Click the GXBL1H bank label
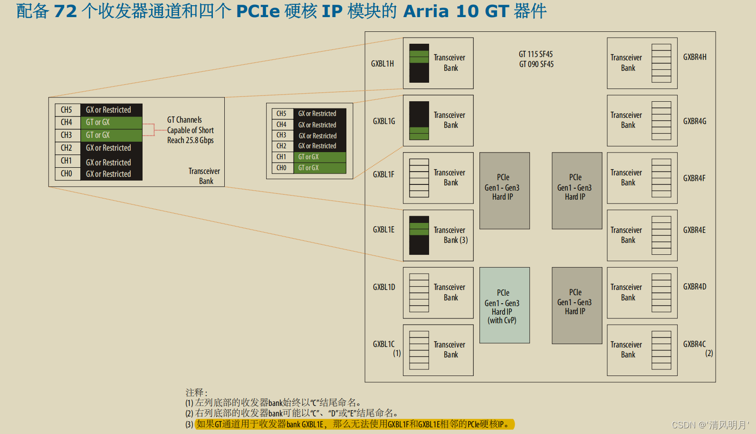382,64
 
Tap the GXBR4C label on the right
694,344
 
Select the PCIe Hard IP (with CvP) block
504,305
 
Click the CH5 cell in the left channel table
67,110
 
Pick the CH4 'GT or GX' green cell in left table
111,123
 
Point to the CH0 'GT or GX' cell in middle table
319,168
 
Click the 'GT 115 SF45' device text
536,54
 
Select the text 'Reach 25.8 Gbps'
190,140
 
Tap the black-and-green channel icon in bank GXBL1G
419,121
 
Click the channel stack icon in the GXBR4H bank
661,63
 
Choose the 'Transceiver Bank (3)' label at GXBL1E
450,235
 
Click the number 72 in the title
66,11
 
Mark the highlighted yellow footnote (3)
354,424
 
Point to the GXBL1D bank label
384,287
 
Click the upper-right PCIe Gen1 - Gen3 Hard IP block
576,190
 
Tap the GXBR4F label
694,178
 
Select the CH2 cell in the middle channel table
281,146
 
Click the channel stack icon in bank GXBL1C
419,350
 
